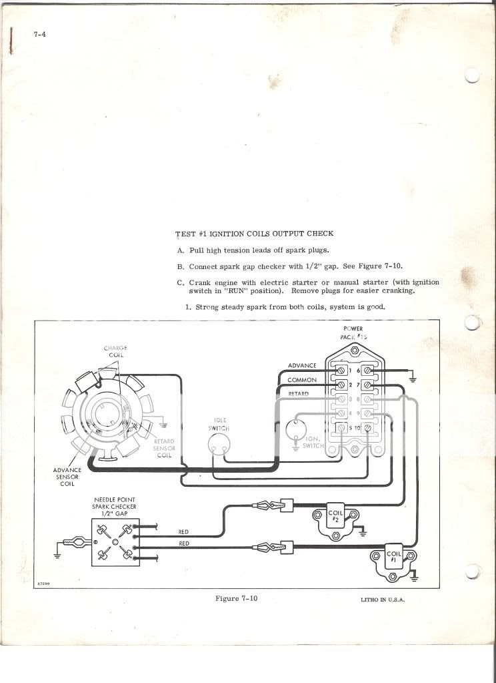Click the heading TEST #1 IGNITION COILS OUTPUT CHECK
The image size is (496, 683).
[x=254, y=234]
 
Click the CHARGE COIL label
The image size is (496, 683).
[x=115, y=352]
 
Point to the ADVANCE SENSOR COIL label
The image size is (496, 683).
[x=67, y=477]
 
